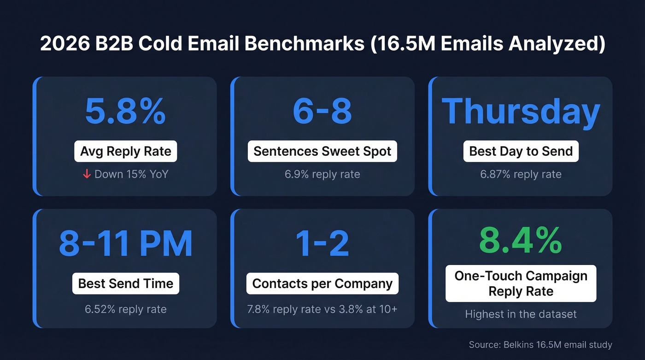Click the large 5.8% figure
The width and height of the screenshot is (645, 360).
click(125, 112)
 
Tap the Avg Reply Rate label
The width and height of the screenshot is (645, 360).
click(125, 151)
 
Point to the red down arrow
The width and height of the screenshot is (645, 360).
click(87, 174)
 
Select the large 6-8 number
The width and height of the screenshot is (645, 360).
click(322, 112)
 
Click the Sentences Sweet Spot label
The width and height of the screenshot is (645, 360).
click(322, 151)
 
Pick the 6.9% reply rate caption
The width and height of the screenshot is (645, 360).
click(322, 174)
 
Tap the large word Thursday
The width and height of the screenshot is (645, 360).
click(521, 112)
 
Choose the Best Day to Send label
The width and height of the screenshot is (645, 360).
click(521, 151)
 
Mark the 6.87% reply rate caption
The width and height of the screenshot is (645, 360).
click(521, 174)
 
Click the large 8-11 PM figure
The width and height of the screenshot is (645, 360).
click(125, 244)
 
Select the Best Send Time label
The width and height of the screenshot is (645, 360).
click(125, 283)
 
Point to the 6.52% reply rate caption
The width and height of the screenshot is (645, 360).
click(125, 309)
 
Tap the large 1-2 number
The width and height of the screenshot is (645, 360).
click(322, 244)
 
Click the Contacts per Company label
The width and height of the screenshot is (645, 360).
click(322, 283)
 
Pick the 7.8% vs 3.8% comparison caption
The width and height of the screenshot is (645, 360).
click(322, 309)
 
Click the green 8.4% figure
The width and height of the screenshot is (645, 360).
click(521, 239)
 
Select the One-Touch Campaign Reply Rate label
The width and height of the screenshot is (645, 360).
click(521, 283)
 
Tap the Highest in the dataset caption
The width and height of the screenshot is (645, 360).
click(521, 314)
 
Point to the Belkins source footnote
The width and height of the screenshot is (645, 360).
click(540, 344)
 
